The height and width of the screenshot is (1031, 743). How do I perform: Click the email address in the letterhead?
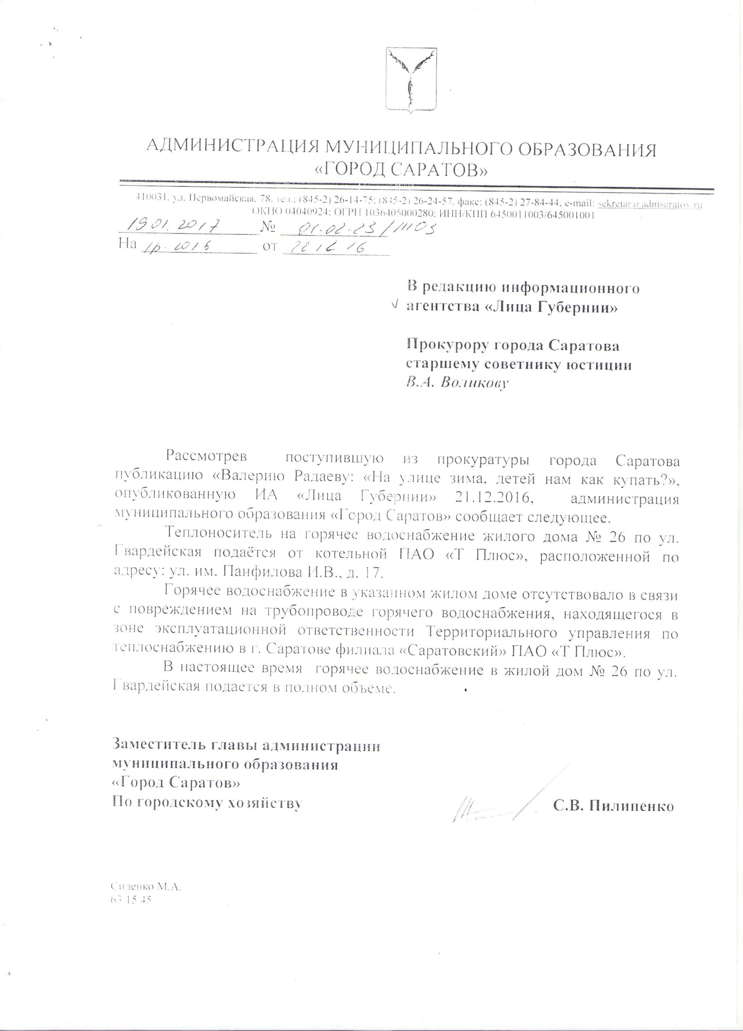click(650, 204)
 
